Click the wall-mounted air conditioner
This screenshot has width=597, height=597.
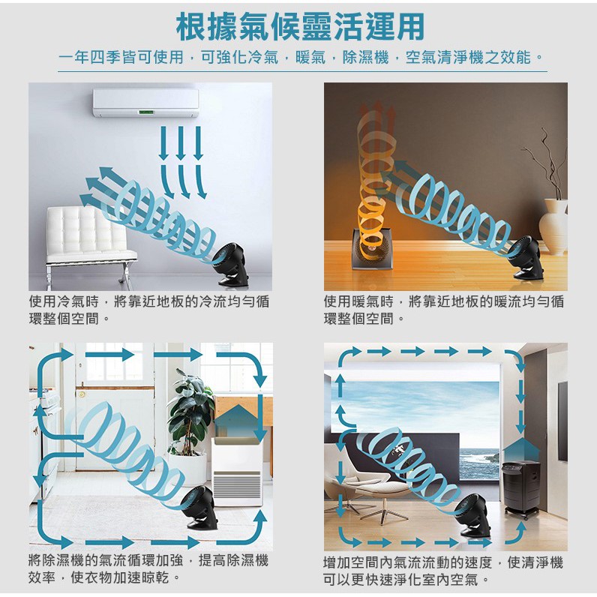coord(145,103)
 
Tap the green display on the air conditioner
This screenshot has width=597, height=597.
coord(146,112)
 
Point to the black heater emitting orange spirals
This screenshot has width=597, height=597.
coord(370,248)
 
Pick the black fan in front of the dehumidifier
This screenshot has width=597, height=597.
coord(200,508)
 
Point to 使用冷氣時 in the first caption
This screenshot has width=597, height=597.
coord(64,301)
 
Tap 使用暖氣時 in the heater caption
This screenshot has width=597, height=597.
coord(358,301)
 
